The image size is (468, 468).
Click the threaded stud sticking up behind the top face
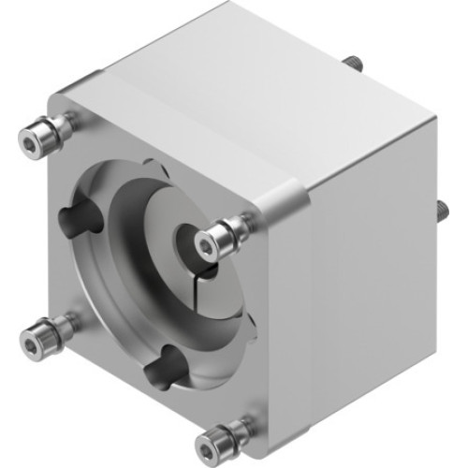pyautogui.click(x=358, y=63)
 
